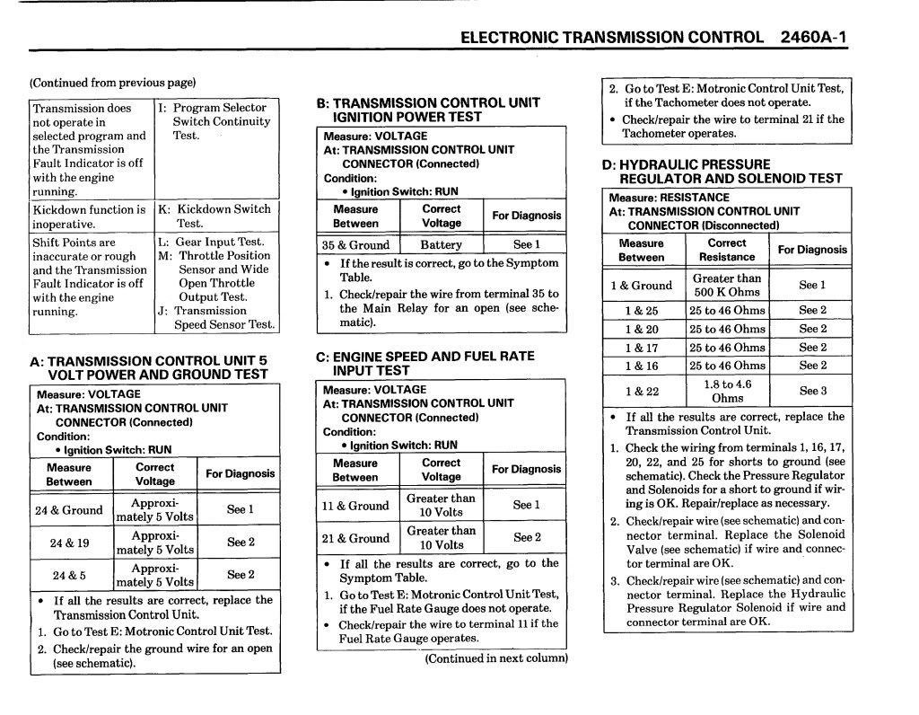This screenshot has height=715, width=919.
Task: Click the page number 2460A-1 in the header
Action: coord(814,38)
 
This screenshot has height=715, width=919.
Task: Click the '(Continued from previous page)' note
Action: coord(113,83)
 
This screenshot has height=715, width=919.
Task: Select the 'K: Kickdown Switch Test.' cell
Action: coord(214,216)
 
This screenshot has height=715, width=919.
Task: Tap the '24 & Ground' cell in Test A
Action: coord(69,510)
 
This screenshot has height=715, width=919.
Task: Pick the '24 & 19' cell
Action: coord(69,543)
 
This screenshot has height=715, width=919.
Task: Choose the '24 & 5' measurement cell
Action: coord(69,575)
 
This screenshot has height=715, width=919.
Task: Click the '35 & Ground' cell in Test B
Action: coord(355,244)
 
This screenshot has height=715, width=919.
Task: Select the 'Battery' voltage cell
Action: coord(441,244)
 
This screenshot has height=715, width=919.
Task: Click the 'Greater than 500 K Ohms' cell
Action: coord(727,285)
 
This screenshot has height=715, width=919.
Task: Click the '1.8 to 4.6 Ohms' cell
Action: coord(727,391)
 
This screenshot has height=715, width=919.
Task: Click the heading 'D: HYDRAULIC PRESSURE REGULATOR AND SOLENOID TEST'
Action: coord(722,171)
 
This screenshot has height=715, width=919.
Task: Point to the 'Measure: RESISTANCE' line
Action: coord(669,198)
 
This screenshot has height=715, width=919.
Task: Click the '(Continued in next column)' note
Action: coord(496,658)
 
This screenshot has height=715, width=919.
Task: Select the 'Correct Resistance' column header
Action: coord(727,250)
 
